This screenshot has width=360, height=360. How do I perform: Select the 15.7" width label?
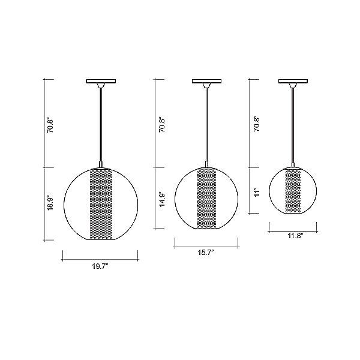206,253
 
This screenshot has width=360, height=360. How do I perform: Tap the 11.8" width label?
294,236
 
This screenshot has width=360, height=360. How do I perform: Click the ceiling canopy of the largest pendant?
101,80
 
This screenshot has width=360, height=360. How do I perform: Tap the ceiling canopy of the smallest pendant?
293,81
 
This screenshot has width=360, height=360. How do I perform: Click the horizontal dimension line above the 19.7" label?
101,259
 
